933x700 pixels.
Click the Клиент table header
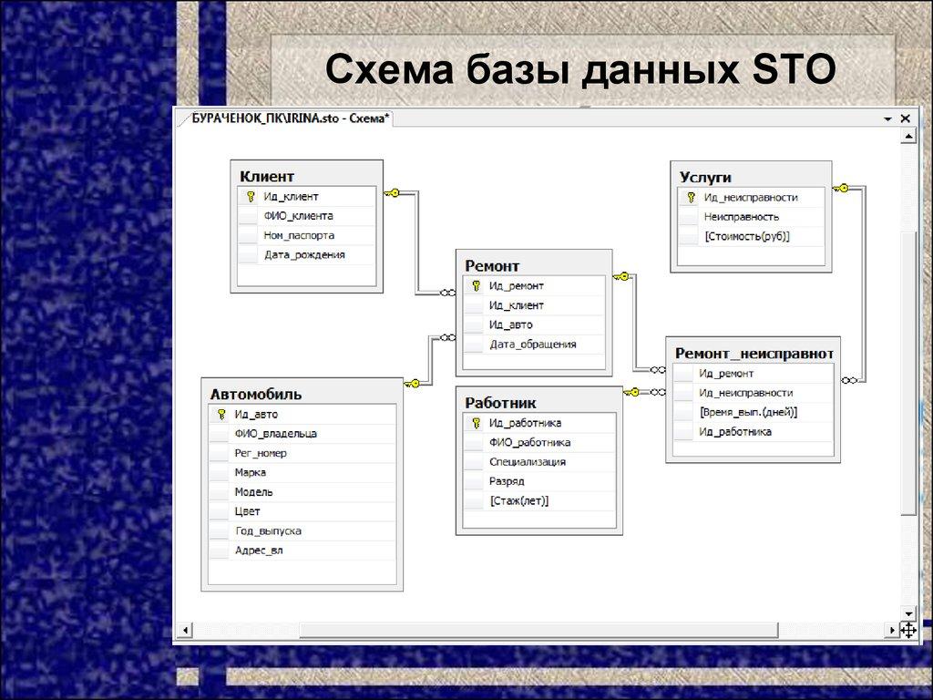[267, 176]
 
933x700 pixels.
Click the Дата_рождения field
[304, 255]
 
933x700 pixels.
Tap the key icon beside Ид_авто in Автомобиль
[220, 414]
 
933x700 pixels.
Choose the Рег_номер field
[261, 453]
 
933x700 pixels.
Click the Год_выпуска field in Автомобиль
[268, 530]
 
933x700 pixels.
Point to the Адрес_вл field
[258, 551]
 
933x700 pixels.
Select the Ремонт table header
[492, 265]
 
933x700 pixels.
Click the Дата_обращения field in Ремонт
[532, 344]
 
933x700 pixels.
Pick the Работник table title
[500, 402]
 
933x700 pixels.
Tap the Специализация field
[527, 462]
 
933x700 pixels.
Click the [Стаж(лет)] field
[518, 500]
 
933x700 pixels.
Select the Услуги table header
[705, 177]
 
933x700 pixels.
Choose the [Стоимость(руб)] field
[746, 236]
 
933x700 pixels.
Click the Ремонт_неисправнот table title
[753, 352]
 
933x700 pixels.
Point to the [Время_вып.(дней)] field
[747, 412]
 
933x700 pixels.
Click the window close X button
[905, 118]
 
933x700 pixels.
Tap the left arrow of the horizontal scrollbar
[187, 630]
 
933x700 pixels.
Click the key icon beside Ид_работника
[476, 423]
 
